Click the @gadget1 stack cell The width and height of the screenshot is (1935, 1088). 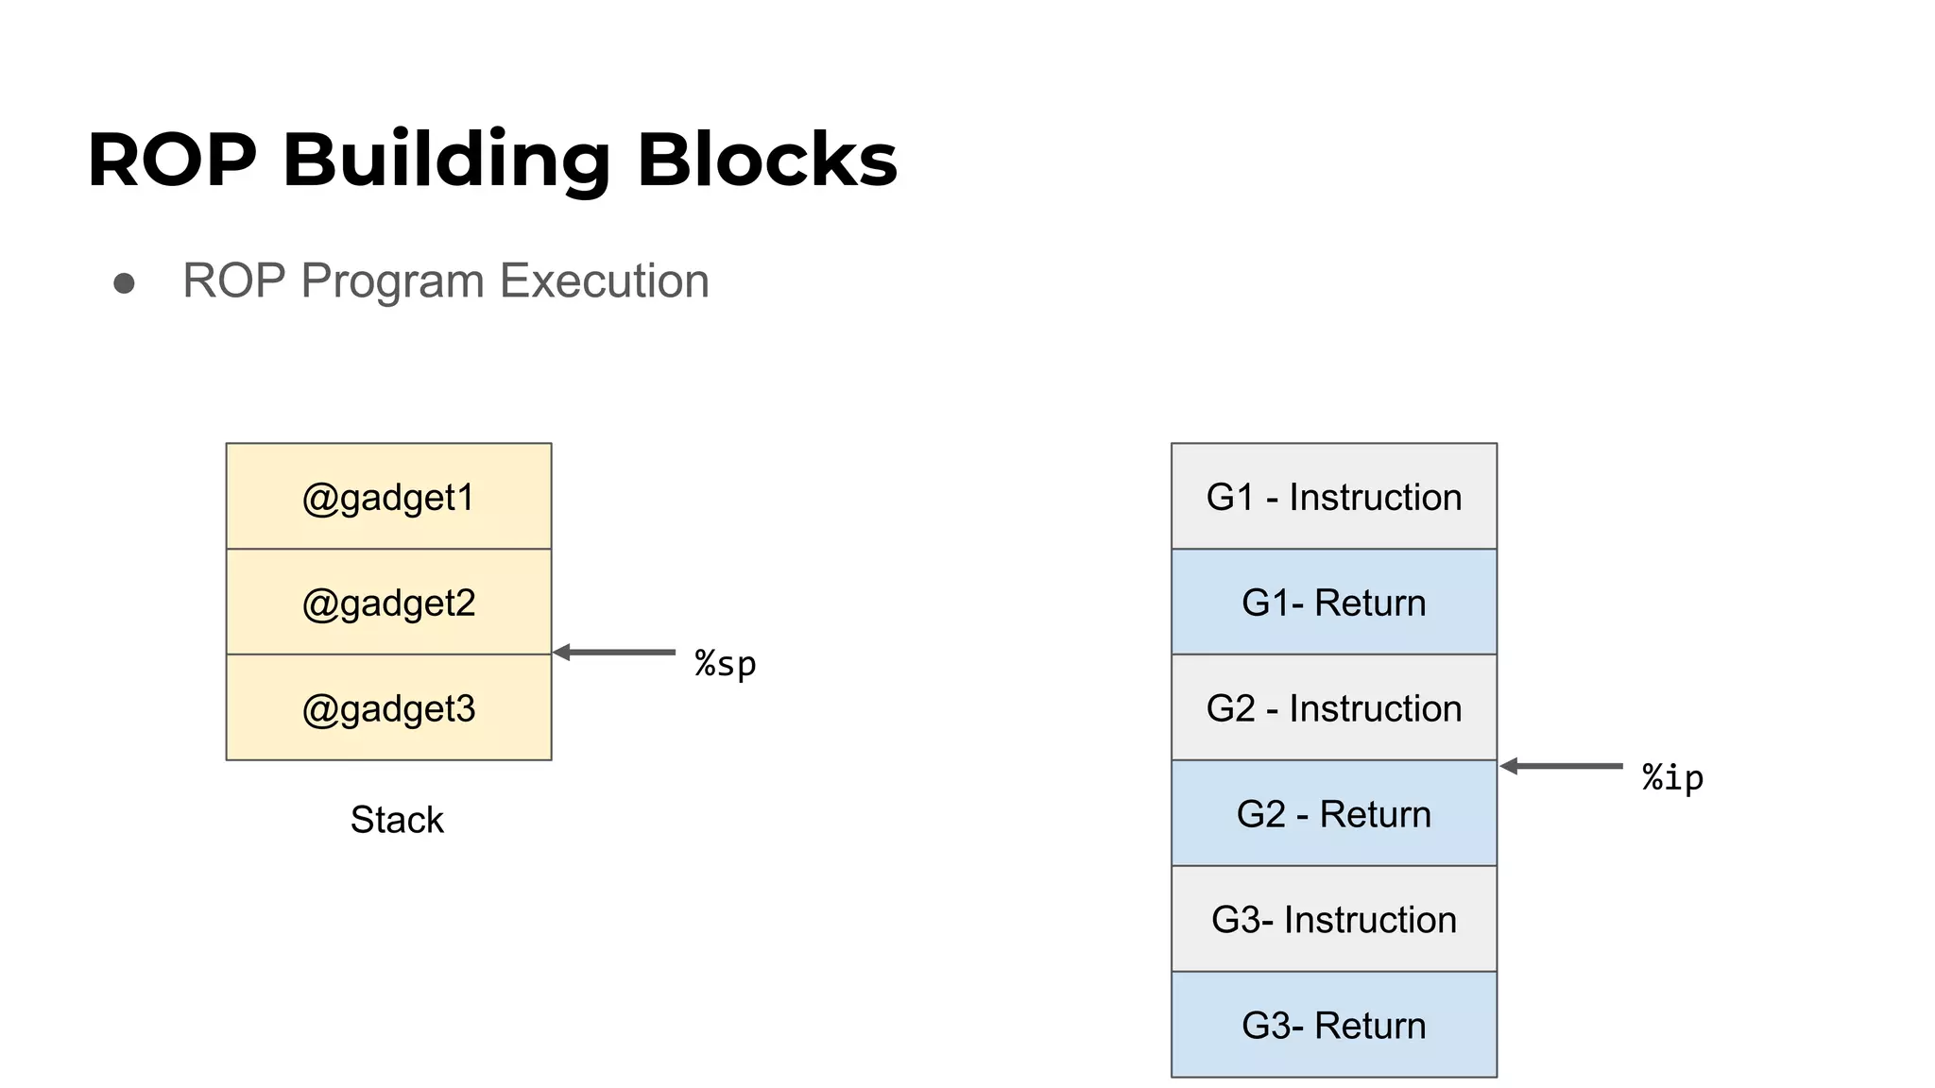[x=388, y=497]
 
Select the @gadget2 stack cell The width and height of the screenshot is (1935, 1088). [x=388, y=603]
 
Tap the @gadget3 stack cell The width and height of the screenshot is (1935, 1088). [x=388, y=708]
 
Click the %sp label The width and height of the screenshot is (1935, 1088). [x=726, y=664]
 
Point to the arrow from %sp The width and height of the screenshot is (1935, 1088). [x=614, y=653]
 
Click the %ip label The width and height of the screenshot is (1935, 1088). [x=1672, y=777]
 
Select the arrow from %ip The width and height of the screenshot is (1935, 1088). [x=1562, y=766]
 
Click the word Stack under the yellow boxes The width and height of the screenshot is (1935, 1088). [x=397, y=820]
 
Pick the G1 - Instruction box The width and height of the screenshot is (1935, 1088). [x=1334, y=497]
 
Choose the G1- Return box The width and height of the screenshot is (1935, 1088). [x=1334, y=603]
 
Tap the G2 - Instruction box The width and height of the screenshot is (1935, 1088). [x=1334, y=708]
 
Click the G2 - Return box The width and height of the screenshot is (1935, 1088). [x=1334, y=814]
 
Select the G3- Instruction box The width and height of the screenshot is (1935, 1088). [x=1334, y=920]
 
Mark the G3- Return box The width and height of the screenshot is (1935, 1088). [x=1334, y=1026]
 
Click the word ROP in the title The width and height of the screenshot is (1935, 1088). [x=172, y=160]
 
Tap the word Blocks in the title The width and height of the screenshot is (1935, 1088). [x=767, y=160]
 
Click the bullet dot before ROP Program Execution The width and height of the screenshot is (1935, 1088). [x=124, y=283]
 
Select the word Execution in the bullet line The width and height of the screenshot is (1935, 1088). [x=604, y=280]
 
